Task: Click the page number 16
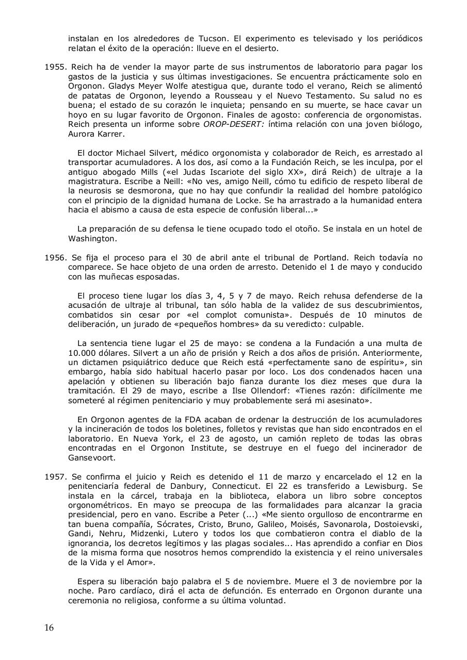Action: coord(49,628)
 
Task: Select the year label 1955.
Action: coord(55,67)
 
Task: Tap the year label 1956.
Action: coord(55,258)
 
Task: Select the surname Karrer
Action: coord(119,134)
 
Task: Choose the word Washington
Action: coord(92,239)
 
